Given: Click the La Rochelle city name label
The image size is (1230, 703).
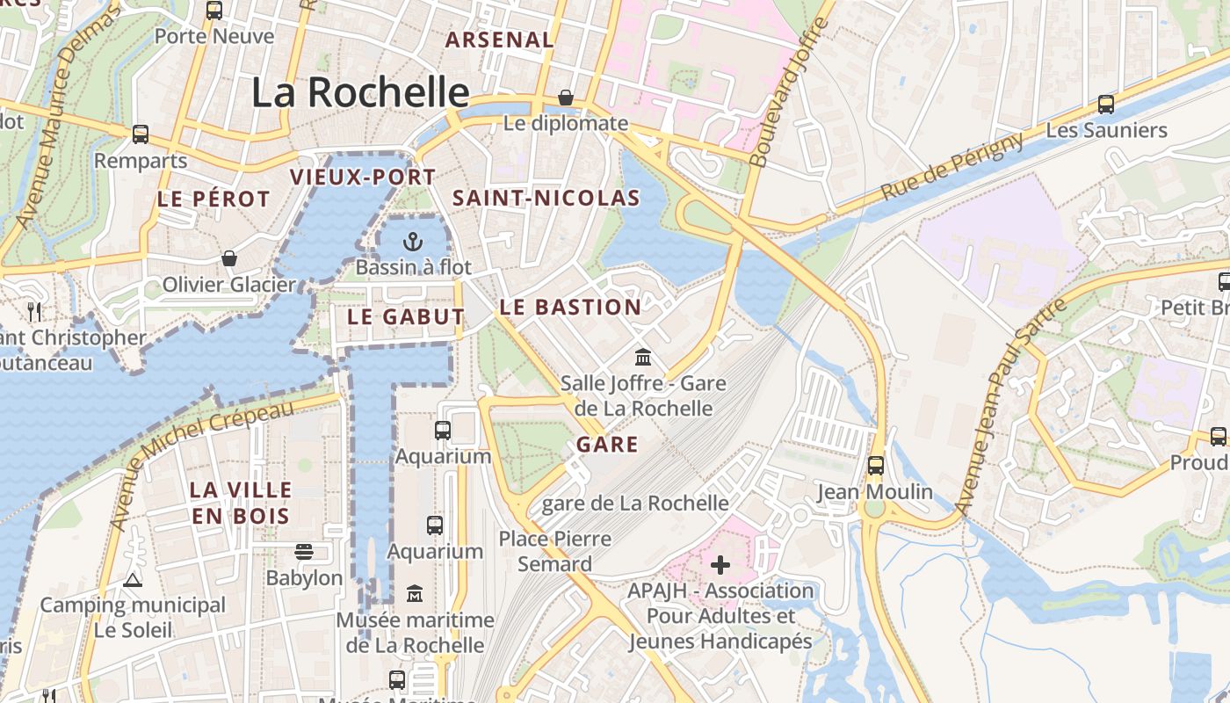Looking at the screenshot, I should pyautogui.click(x=360, y=92).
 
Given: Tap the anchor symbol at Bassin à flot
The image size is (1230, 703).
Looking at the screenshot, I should pyautogui.click(x=413, y=241).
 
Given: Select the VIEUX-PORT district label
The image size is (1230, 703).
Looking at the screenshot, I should pyautogui.click(x=363, y=178).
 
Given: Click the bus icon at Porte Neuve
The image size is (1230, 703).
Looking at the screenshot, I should pyautogui.click(x=214, y=11).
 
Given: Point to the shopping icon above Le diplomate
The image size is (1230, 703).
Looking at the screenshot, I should pyautogui.click(x=566, y=97).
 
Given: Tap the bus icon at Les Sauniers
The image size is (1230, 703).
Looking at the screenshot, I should pyautogui.click(x=1106, y=105).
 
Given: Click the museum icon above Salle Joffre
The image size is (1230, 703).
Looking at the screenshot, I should pyautogui.click(x=643, y=357).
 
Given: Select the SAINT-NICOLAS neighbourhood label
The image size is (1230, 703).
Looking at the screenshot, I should pyautogui.click(x=546, y=199).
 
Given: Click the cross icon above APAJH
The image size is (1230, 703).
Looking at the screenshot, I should pyautogui.click(x=720, y=564).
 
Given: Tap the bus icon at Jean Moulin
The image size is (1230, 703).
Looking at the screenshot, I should pyautogui.click(x=875, y=466).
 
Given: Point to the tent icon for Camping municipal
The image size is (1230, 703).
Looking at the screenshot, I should pyautogui.click(x=133, y=579).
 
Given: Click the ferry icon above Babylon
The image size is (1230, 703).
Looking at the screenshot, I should pyautogui.click(x=304, y=552).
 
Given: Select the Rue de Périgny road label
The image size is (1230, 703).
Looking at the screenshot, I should pyautogui.click(x=951, y=166).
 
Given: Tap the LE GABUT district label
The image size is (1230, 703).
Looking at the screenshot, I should pyautogui.click(x=406, y=317).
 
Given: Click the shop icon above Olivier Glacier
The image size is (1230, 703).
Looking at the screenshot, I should pyautogui.click(x=229, y=258).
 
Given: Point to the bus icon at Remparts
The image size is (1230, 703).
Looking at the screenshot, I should pyautogui.click(x=141, y=134).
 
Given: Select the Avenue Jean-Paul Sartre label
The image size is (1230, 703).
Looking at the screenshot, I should pyautogui.click(x=1010, y=407).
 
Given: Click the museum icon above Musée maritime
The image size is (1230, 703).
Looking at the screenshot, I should pyautogui.click(x=415, y=594).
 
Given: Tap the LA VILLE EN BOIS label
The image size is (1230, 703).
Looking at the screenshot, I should pyautogui.click(x=242, y=503).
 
